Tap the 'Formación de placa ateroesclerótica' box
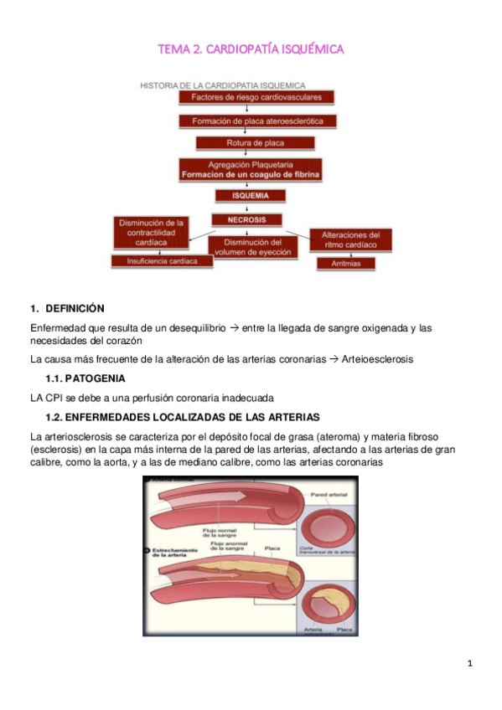pyautogui.click(x=252, y=121)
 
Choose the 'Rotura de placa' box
pyautogui.click(x=249, y=143)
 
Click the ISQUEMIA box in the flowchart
pyautogui.click(x=249, y=196)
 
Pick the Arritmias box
pyautogui.click(x=345, y=263)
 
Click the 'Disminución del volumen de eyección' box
pyautogui.click(x=252, y=247)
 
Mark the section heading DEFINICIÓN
pyautogui.click(x=75, y=308)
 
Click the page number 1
pyautogui.click(x=470, y=664)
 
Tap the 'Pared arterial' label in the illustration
pyautogui.click(x=329, y=496)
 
